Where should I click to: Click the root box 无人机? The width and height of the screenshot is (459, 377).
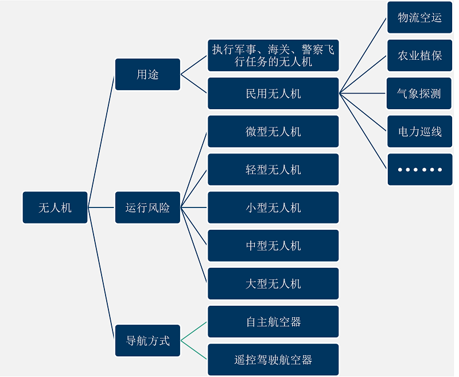(x=55, y=207)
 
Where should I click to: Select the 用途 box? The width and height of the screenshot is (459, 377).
(x=147, y=74)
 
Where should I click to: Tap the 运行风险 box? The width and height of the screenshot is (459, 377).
(x=147, y=207)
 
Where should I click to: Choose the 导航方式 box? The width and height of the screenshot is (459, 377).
(x=147, y=341)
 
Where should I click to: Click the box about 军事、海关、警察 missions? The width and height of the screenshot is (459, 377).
(x=273, y=55)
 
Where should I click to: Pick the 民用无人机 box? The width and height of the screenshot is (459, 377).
(x=273, y=93)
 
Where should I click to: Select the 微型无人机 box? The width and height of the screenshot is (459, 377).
(x=273, y=132)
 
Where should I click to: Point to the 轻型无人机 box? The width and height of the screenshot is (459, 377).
(x=273, y=170)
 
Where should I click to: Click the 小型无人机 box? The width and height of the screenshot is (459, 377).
(x=273, y=207)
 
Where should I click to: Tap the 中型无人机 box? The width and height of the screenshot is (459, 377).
(x=273, y=245)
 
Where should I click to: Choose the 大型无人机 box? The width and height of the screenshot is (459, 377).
(x=273, y=283)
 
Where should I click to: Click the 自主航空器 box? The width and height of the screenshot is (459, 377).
(x=273, y=322)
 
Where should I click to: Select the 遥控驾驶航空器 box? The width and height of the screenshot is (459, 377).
(x=273, y=360)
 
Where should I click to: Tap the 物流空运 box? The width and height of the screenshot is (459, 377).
(x=419, y=17)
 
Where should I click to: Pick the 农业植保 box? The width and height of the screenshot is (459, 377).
(x=419, y=55)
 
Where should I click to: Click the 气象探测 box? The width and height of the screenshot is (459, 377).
(x=419, y=93)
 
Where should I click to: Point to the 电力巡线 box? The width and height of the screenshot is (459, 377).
(x=419, y=132)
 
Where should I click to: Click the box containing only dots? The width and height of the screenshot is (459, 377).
(x=419, y=170)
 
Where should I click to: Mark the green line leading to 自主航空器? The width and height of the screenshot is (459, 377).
(x=194, y=331)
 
